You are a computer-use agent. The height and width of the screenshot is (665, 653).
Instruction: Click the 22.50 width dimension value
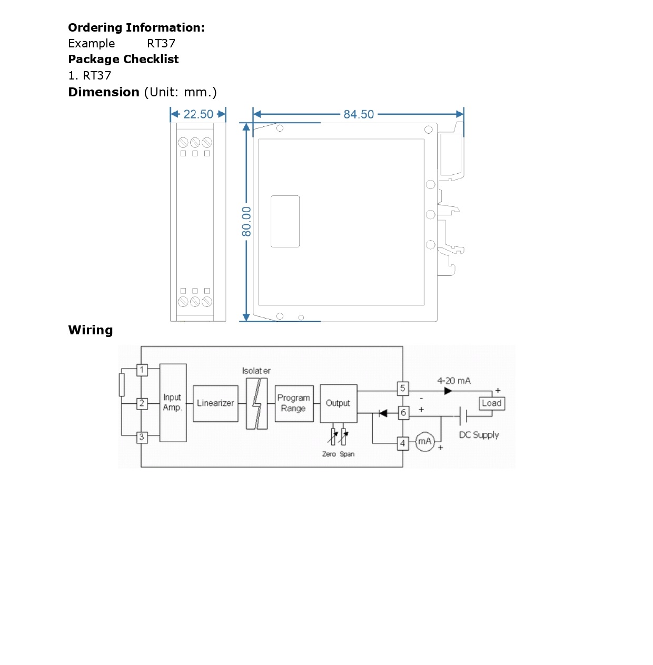tap(198, 114)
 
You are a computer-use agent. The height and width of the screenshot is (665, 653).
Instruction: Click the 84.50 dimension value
tap(359, 114)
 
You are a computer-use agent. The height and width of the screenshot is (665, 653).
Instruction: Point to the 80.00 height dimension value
tap(246, 221)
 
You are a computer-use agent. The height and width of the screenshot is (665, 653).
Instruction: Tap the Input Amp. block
tap(173, 403)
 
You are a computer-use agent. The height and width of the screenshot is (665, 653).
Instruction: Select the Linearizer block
tap(215, 403)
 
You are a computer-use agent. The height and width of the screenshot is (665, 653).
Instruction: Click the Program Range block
tap(294, 403)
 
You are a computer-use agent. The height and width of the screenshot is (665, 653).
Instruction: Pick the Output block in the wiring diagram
tap(338, 403)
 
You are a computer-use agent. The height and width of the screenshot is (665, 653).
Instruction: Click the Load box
tap(491, 403)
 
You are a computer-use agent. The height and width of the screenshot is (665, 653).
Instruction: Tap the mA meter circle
tap(424, 441)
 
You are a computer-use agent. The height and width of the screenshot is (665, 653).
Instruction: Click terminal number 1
tap(142, 370)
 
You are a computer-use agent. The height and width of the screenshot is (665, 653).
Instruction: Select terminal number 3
tap(142, 437)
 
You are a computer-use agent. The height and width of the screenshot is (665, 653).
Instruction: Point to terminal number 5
tap(403, 388)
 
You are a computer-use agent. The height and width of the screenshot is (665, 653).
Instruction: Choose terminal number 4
tap(403, 443)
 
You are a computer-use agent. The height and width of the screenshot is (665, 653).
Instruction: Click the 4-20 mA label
tap(454, 381)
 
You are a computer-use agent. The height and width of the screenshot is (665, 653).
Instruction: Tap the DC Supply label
tap(479, 435)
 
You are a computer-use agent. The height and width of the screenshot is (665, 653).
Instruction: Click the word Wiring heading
tap(91, 330)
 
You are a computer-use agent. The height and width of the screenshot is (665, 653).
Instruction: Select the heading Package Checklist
tap(123, 59)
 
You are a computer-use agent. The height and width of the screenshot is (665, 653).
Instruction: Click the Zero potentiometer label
tap(329, 454)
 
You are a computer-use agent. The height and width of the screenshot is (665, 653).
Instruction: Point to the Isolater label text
tap(256, 371)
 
